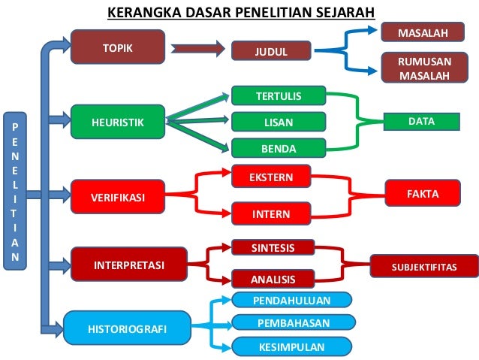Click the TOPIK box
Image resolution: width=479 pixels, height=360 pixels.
coord(118,47)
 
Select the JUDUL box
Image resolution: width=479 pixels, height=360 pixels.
coord(270,51)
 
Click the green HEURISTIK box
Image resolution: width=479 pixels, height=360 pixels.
coord(117,121)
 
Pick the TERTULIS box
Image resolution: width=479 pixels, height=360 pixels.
coord(278,95)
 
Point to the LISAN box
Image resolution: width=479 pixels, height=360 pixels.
coord(278,121)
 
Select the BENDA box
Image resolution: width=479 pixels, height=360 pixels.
coord(278,148)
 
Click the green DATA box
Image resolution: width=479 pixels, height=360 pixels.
coord(421,120)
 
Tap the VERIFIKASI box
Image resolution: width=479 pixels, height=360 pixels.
coord(117,197)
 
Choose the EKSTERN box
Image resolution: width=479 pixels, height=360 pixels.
coord(271,177)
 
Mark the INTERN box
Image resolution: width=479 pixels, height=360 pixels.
coord(271,213)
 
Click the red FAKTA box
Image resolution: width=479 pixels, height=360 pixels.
coord(423,194)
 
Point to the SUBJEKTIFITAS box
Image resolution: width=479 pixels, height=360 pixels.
coord(424,266)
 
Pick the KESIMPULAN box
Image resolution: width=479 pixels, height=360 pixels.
coord(291,347)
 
